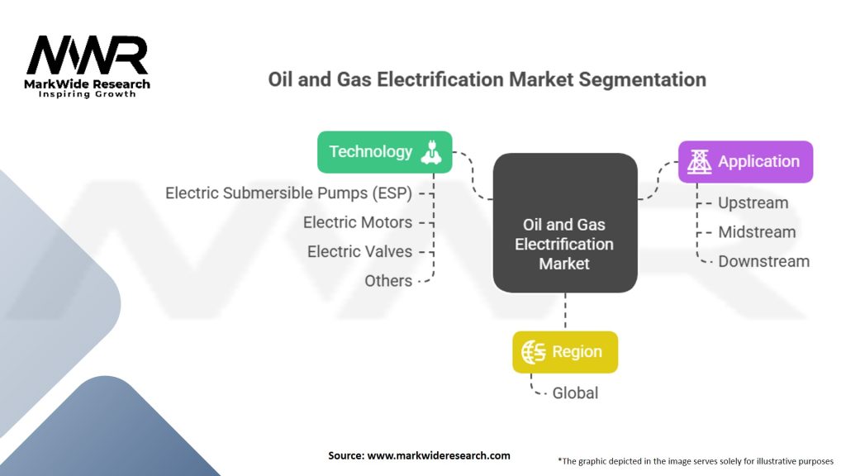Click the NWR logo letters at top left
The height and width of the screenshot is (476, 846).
pos(87,56)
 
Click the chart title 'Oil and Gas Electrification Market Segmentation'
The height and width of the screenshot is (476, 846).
pos(487,80)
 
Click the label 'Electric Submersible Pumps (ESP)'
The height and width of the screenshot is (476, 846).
pos(288,193)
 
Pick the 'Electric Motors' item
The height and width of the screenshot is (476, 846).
pos(357,222)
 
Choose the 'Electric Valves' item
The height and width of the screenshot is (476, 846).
pos(359,251)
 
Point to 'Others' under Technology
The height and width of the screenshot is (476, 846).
pos(388,281)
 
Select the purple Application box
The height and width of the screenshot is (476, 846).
pos(745,162)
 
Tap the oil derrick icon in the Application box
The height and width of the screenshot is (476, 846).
pos(700,162)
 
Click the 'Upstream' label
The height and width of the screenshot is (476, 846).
pos(753,203)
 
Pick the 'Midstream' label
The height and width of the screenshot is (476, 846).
pos(757,232)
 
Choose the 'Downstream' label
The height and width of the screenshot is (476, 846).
pos(763,261)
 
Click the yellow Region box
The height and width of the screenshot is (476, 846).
pos(564,352)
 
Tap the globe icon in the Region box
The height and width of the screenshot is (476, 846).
pos(534,352)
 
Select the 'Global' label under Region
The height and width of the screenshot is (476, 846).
pos(575,393)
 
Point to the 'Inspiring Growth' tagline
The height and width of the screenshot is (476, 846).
pos(87,94)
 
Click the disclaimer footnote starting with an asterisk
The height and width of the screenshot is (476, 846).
pos(695,460)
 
